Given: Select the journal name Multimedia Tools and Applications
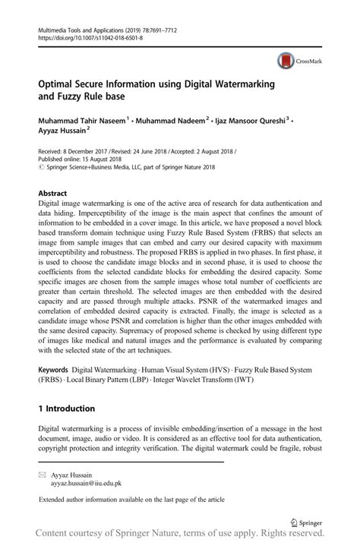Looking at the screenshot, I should tap(84, 26).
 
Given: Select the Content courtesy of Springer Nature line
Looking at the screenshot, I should tap(180, 537).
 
